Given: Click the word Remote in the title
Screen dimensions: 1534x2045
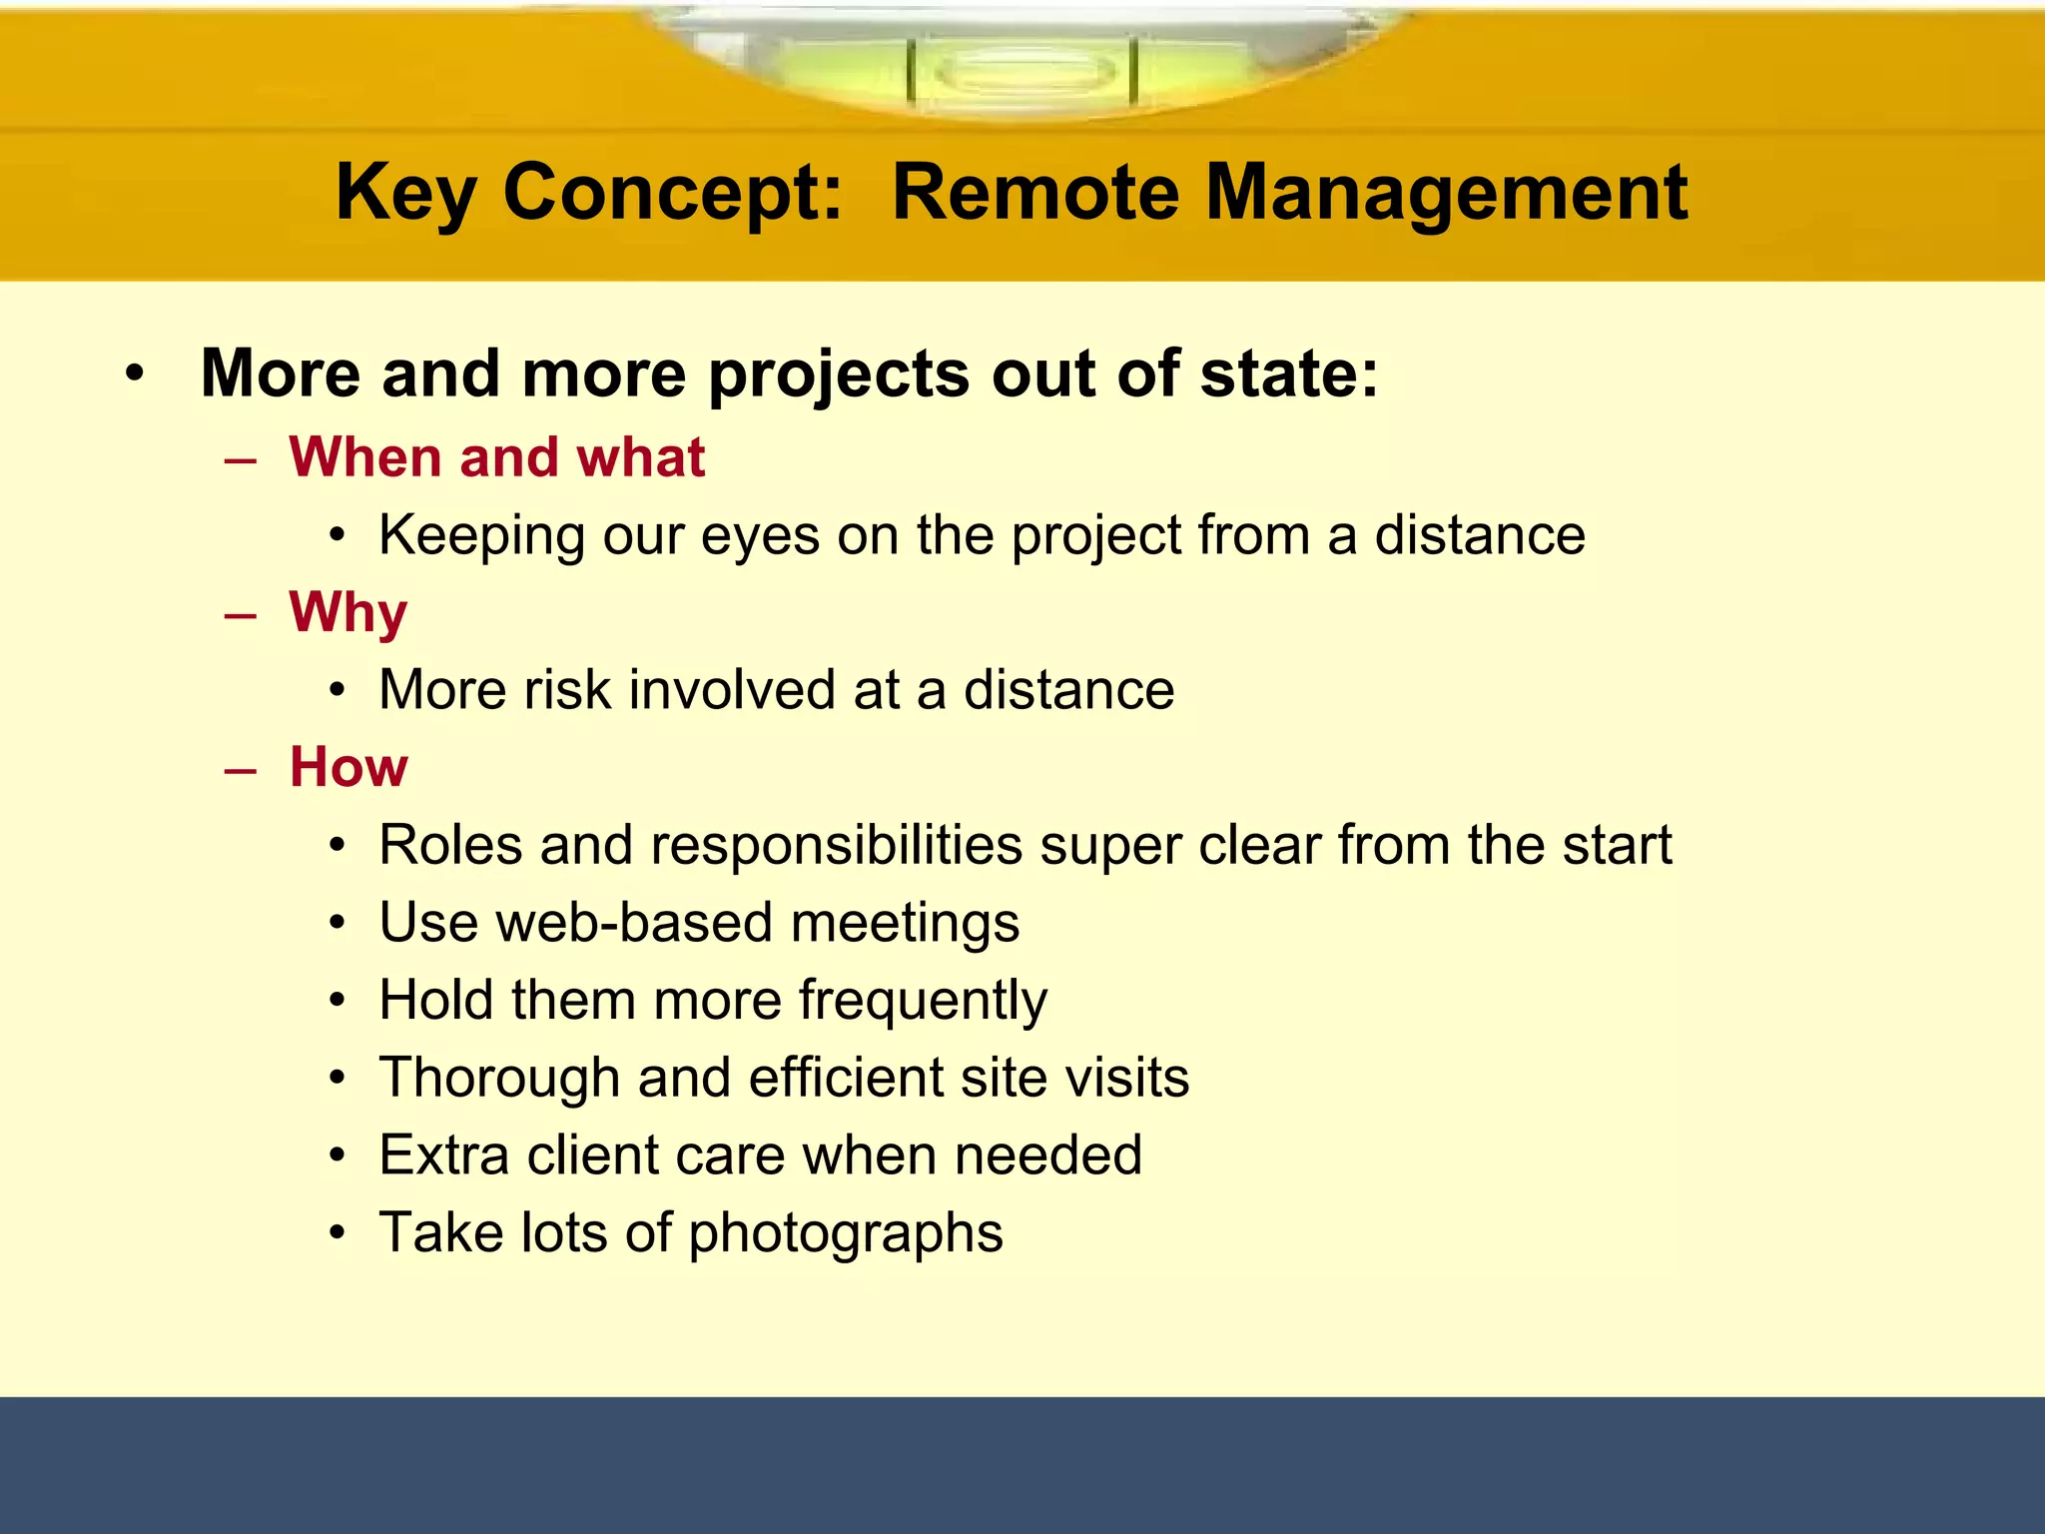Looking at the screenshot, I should click(x=1035, y=192).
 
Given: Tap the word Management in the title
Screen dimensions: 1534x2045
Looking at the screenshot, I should click(x=1447, y=194).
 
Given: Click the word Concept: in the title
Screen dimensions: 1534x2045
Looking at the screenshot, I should click(x=674, y=194).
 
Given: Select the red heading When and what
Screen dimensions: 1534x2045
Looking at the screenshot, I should click(x=497, y=457).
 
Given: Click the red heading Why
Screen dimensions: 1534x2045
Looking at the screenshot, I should click(x=348, y=612).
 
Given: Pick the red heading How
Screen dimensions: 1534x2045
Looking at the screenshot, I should click(x=348, y=767).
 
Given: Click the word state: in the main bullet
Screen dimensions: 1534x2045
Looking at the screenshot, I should click(x=1288, y=374).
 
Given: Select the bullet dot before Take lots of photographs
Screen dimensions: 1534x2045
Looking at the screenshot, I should click(x=339, y=1233).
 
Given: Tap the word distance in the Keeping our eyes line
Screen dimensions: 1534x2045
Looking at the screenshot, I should click(x=1480, y=535).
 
